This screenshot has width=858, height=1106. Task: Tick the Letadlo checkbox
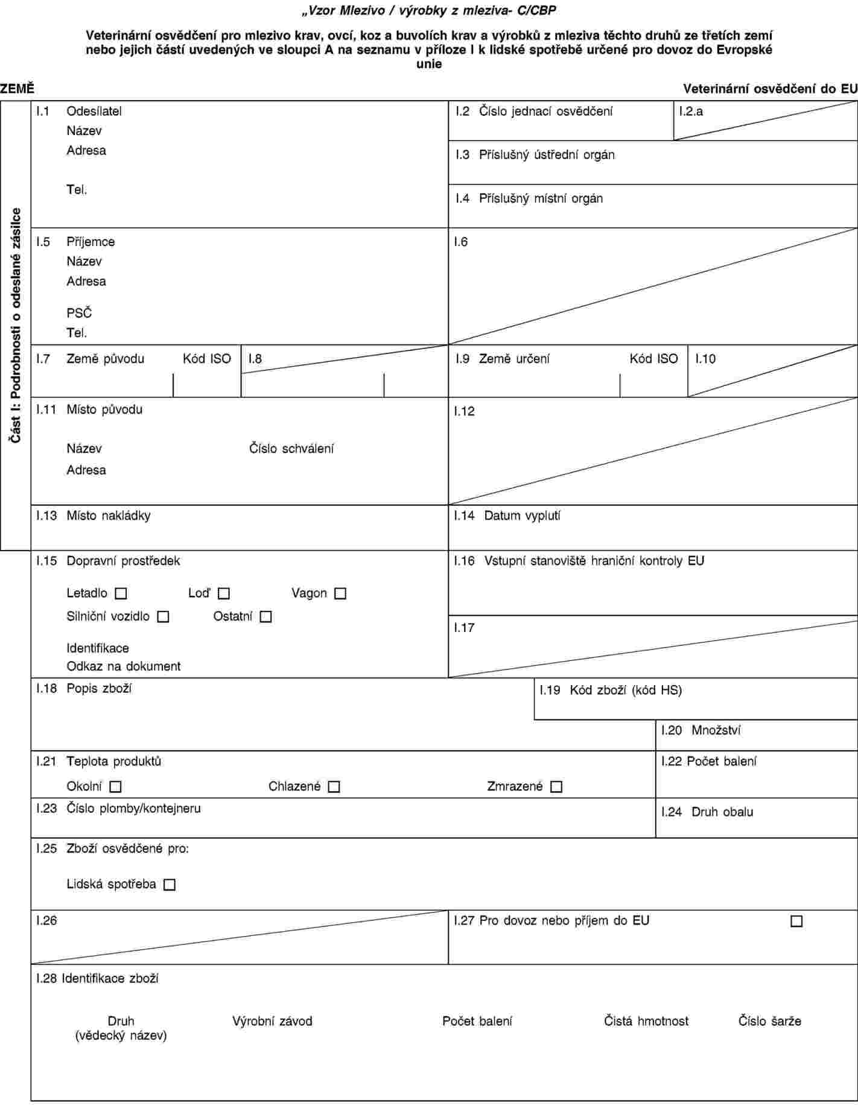(121, 594)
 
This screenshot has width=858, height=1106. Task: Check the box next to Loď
(224, 594)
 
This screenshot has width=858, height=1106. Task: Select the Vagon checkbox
(340, 594)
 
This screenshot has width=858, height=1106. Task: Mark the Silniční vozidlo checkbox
(163, 617)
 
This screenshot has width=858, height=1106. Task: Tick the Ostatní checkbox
(265, 617)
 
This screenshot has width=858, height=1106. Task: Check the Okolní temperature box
(116, 787)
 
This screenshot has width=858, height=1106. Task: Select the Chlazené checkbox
(334, 787)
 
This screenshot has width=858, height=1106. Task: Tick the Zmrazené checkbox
(556, 787)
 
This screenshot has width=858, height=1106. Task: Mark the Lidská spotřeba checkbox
(170, 885)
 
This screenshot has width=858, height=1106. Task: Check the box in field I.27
(796, 921)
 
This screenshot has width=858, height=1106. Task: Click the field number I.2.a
(691, 111)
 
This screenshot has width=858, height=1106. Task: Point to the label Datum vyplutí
(523, 516)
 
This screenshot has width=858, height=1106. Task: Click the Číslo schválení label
(292, 449)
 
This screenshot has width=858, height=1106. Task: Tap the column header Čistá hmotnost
(646, 1021)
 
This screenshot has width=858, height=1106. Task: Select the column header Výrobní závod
(273, 1021)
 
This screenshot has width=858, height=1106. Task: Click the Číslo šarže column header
(770, 1021)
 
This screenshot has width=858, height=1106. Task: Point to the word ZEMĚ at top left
(17, 89)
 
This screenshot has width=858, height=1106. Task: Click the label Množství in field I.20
(716, 730)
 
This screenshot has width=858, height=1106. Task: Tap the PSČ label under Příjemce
(79, 314)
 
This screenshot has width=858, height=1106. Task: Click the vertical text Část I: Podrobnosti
(16, 326)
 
